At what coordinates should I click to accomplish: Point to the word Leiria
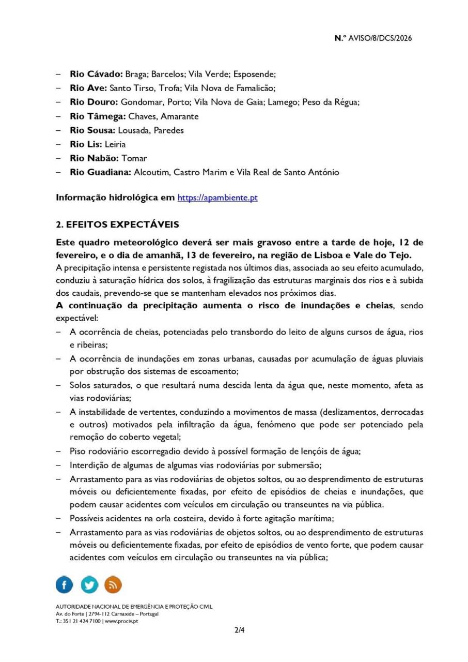pos(115,144)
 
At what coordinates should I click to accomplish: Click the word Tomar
pos(134,158)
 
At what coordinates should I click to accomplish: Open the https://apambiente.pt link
pos(217,198)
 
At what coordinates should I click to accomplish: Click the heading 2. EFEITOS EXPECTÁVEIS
pos(117,224)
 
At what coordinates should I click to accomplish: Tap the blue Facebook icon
pos(65,585)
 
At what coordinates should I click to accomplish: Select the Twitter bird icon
pos(89,585)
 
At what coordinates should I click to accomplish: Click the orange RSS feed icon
pos(113,585)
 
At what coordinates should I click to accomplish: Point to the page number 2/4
pos(239,630)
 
